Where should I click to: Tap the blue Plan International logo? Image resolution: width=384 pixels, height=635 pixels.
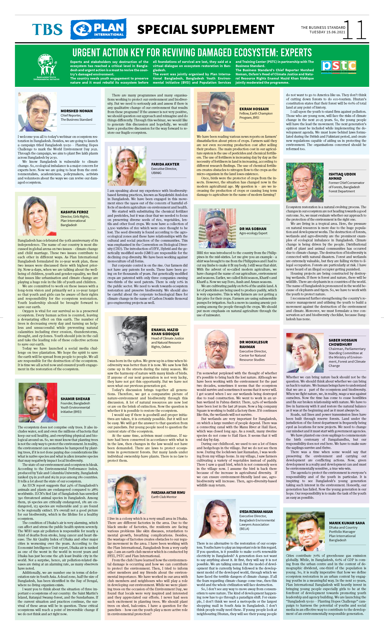pyautogui.click(x=98, y=29)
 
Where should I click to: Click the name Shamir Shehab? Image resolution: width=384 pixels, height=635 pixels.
pyautogui.click(x=75, y=399)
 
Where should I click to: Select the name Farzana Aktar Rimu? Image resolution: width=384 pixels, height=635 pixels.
pyautogui.click(x=168, y=492)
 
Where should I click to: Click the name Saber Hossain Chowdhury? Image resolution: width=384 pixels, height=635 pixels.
pyautogui.click(x=342, y=342)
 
